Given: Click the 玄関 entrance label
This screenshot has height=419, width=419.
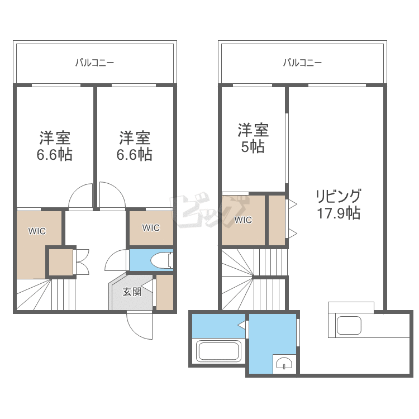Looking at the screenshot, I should [x=132, y=291].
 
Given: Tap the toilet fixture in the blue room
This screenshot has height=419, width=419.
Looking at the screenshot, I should [x=162, y=260].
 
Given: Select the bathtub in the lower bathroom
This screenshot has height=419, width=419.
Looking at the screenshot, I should [x=219, y=351].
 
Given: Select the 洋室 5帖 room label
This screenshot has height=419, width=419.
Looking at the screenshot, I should [x=253, y=138].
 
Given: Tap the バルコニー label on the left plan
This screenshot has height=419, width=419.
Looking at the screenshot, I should [x=95, y=63].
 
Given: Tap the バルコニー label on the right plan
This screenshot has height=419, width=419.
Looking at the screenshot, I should [x=302, y=63].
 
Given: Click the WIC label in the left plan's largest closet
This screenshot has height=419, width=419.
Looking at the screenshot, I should [x=37, y=231].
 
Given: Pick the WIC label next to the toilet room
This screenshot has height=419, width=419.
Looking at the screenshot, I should [x=151, y=227].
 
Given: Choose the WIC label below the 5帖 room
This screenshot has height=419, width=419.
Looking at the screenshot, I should [x=243, y=220].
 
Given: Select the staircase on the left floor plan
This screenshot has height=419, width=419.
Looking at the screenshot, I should [x=45, y=294].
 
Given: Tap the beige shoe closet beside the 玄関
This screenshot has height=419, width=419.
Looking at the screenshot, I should [x=164, y=292].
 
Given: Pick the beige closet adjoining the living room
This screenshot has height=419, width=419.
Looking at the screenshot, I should [x=277, y=220].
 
